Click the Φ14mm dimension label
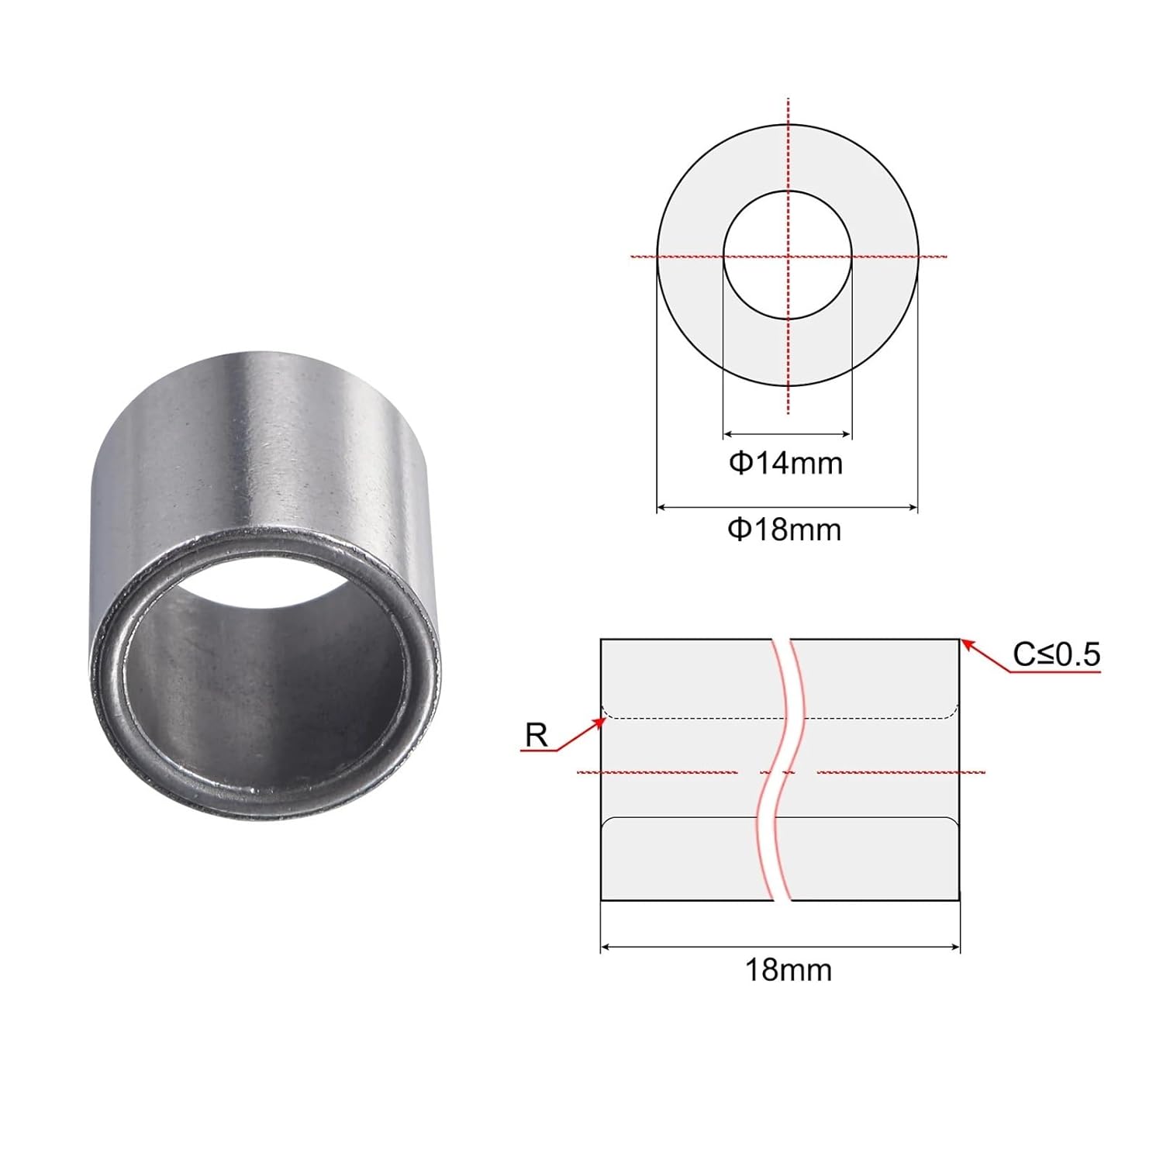pos(785,464)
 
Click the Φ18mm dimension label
pos(784,530)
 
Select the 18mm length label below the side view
pos(788,970)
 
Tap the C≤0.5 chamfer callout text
pos(1056,655)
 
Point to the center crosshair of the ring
pos(788,255)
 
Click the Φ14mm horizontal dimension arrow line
pos(787,435)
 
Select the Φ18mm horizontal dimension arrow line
pos(787,508)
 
